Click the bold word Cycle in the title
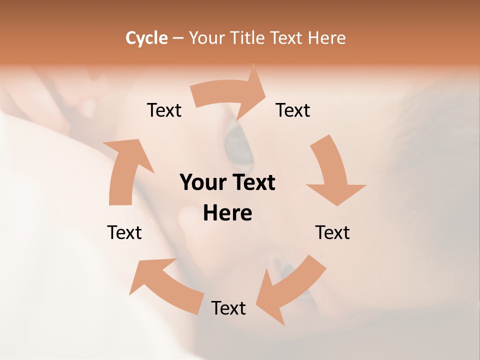[146, 38]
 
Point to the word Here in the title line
[327, 38]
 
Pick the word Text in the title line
[288, 38]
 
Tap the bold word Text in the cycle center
[253, 182]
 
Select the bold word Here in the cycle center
[227, 213]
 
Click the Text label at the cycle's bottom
[228, 308]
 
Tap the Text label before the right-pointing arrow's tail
[164, 110]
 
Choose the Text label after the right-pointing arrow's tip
[293, 110]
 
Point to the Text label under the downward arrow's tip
[332, 232]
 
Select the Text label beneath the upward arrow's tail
[124, 232]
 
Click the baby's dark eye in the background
[239, 145]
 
